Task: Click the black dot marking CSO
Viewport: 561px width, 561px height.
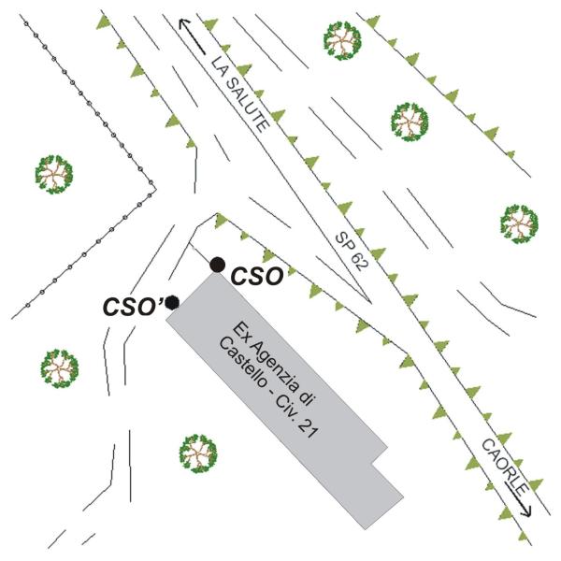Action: tap(218, 266)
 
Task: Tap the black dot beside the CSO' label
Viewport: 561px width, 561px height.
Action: tap(173, 303)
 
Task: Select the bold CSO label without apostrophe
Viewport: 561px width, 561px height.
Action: tap(257, 277)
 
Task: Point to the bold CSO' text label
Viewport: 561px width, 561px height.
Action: tap(133, 307)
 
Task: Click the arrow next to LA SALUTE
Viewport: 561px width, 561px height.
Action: tap(192, 36)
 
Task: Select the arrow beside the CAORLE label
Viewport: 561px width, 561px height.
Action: tap(518, 499)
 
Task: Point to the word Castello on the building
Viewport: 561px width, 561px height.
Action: tap(242, 362)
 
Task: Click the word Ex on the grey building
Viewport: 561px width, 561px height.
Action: tap(239, 330)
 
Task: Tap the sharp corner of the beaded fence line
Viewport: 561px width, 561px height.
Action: tap(155, 187)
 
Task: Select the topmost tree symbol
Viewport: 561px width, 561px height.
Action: tap(342, 40)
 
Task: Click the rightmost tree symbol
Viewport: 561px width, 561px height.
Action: tap(519, 224)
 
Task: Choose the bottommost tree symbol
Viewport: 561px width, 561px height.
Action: tap(198, 453)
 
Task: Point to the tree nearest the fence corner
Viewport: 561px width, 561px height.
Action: tap(54, 175)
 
